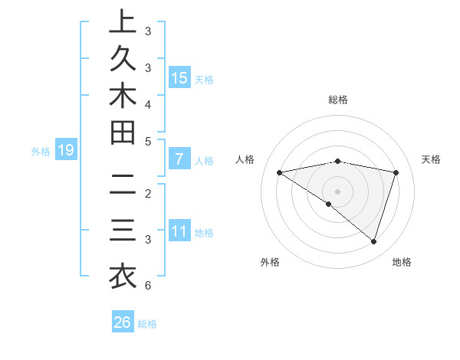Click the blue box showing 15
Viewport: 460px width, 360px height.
tap(179, 78)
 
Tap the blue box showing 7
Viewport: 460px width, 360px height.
tap(179, 160)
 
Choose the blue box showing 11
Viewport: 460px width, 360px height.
tap(179, 232)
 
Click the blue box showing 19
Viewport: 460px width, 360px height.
tap(66, 151)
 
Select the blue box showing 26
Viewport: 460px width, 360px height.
tap(123, 322)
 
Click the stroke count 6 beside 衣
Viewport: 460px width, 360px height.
tap(147, 286)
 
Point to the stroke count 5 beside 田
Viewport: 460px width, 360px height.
tap(147, 140)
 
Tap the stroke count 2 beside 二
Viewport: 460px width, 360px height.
tap(147, 192)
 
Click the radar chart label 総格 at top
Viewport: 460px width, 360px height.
tap(337, 100)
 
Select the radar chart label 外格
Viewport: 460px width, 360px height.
tap(270, 262)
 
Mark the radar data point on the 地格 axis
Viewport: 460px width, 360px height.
tap(374, 241)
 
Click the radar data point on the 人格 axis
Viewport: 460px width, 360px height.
tap(280, 172)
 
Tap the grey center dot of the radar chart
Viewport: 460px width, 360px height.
tap(337, 191)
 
